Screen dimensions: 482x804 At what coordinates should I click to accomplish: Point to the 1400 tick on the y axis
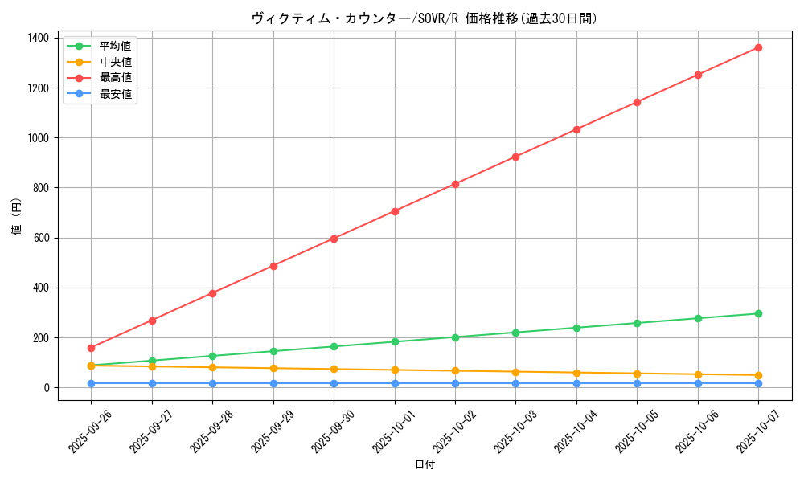coord(37,38)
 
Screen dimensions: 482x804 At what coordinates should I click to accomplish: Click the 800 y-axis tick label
coord(40,188)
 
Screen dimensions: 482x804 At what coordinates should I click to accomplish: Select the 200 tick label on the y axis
coord(40,338)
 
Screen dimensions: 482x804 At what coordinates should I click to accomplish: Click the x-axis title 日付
coord(425,465)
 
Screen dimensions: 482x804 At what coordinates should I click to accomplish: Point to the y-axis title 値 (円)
coord(17,216)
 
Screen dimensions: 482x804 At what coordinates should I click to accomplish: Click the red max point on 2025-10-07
coord(758,47)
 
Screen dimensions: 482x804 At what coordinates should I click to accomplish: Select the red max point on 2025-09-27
coord(152,321)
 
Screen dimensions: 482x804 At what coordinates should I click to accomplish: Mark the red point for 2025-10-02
coord(455,184)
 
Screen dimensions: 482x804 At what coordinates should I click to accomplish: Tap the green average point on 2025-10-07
coord(758,313)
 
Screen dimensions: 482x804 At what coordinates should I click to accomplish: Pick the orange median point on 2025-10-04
coord(576,373)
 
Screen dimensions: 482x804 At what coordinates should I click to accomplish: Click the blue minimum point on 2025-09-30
coord(334,383)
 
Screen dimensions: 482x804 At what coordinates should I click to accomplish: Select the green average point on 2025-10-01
coord(395,341)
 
